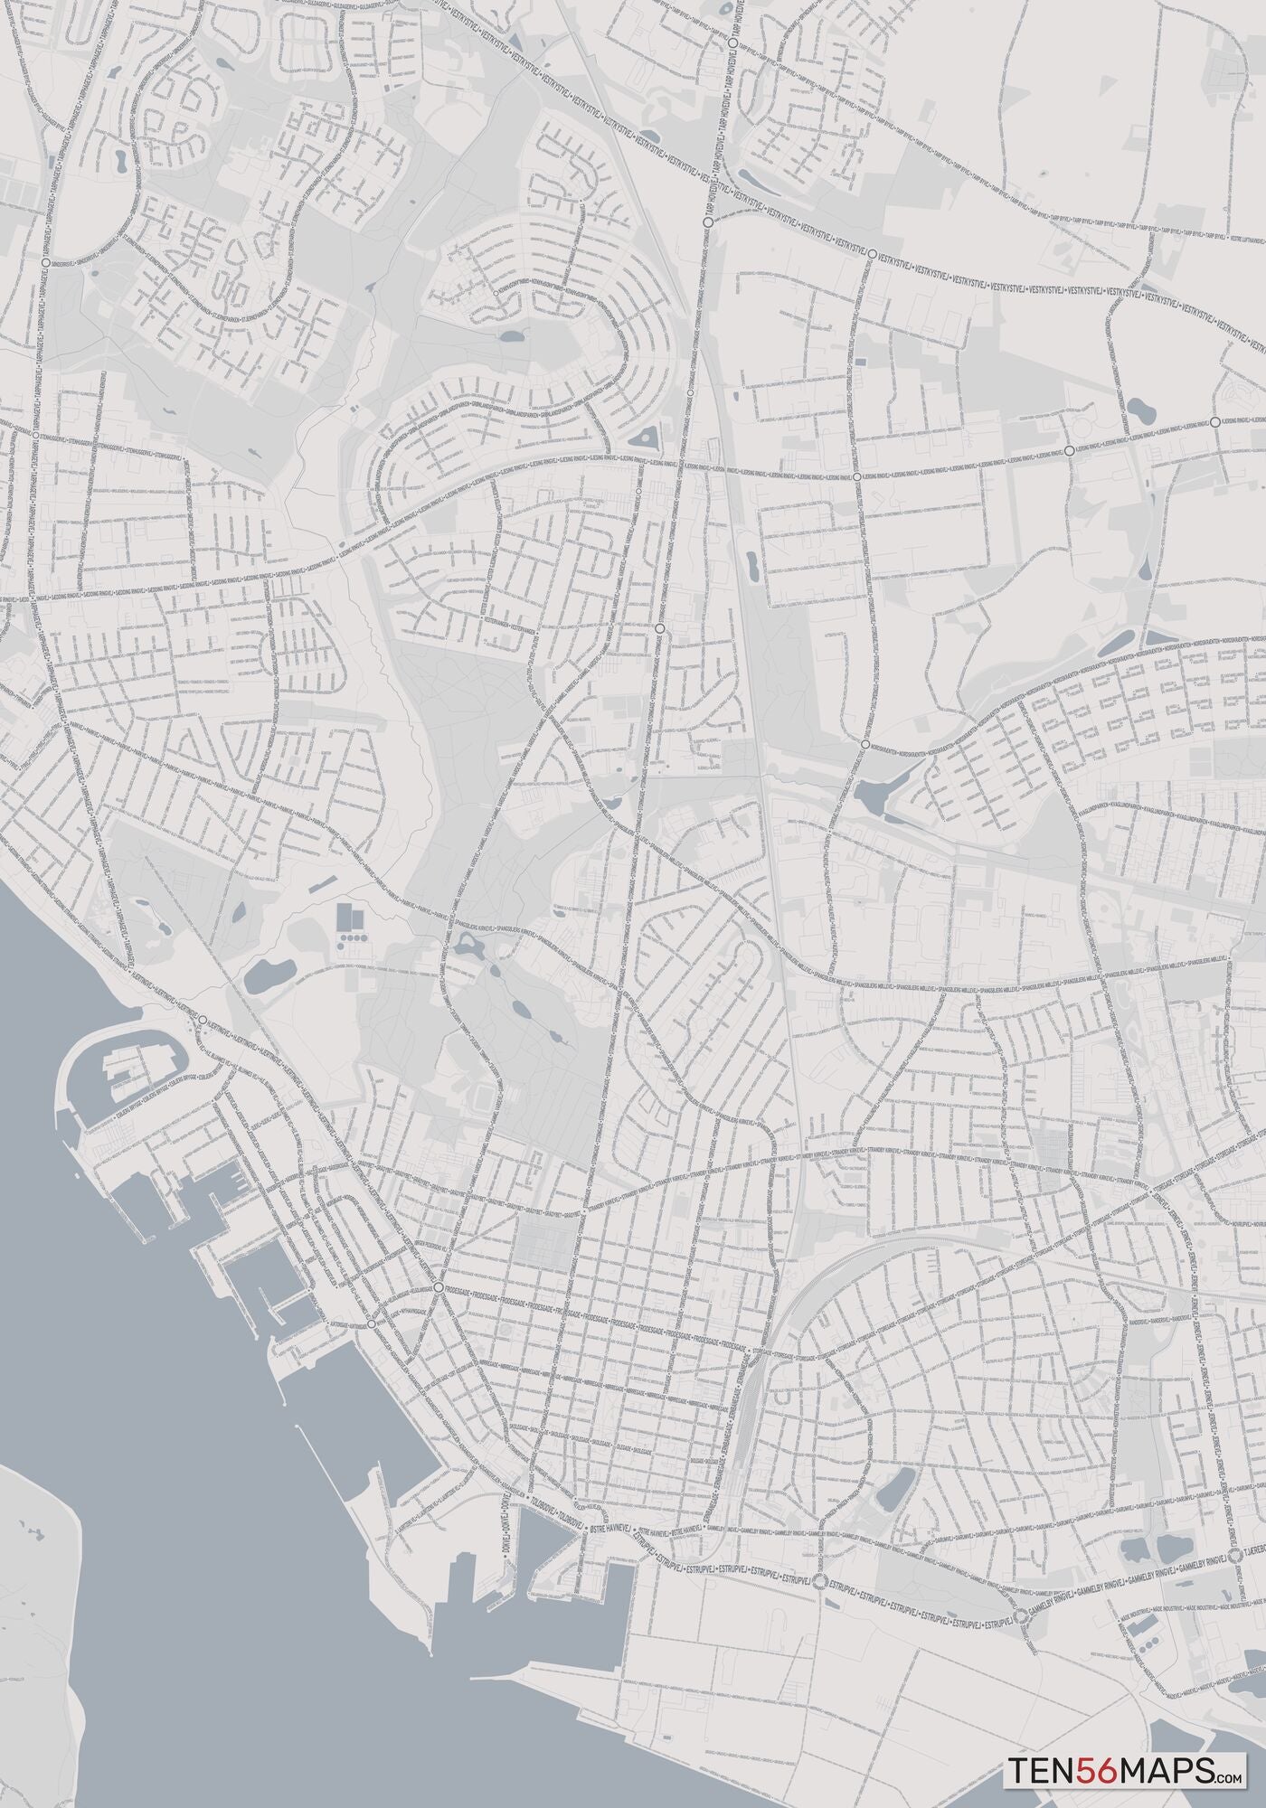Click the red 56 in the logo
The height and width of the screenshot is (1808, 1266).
pyautogui.click(x=1084, y=1766)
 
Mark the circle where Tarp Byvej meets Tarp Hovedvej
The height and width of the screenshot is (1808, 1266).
pyautogui.click(x=731, y=42)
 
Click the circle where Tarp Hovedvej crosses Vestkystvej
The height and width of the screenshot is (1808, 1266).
pyautogui.click(x=708, y=220)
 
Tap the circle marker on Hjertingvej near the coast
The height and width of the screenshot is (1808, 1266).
pyautogui.click(x=203, y=1020)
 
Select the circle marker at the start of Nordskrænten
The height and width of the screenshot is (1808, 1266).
pyautogui.click(x=865, y=744)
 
